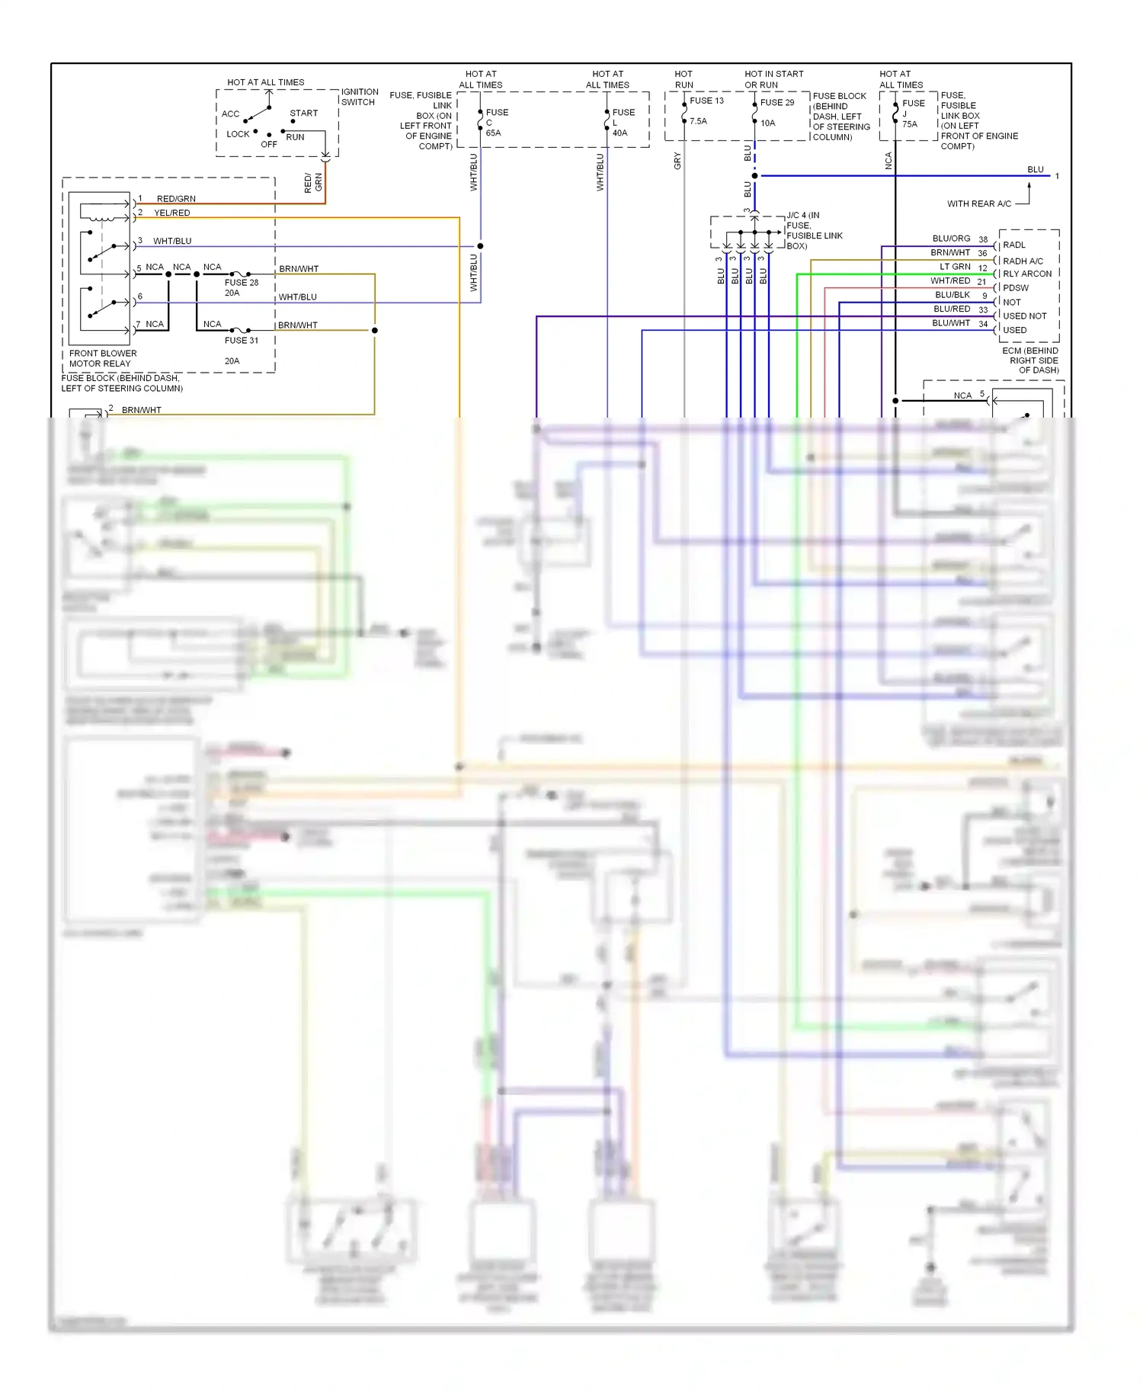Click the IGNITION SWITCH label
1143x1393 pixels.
359,97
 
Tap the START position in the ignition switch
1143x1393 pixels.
303,114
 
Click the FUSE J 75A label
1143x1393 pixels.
912,114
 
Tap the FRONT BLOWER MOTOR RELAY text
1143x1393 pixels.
103,358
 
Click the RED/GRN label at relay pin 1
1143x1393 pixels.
176,199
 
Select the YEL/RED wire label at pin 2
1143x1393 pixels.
172,213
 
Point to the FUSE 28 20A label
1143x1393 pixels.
241,287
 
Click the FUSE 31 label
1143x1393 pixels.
241,341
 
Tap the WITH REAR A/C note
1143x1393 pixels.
978,204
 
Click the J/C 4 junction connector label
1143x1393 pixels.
814,230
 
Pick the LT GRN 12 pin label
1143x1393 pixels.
962,267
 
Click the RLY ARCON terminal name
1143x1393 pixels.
1026,274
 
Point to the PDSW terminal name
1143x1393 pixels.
1015,288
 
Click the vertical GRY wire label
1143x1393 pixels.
677,161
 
